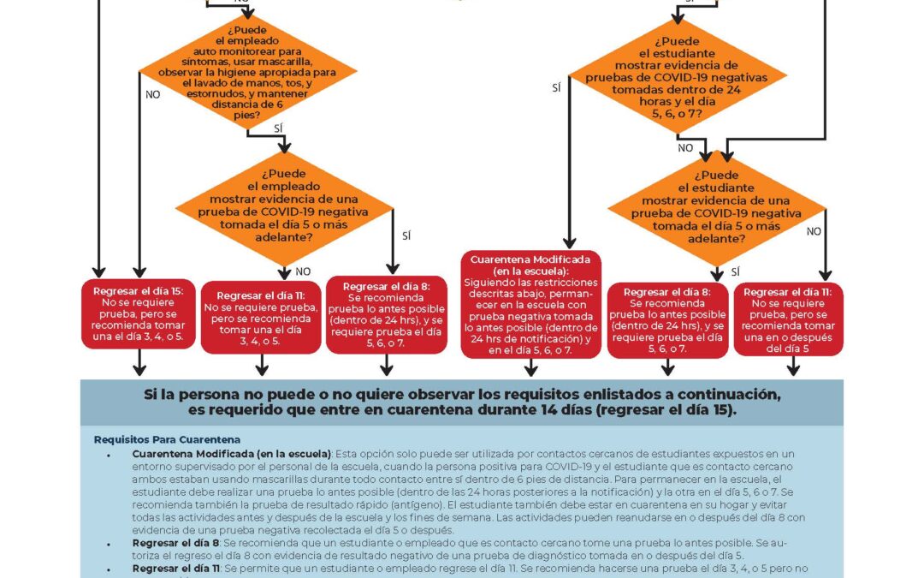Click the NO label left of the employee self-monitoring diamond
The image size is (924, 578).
(x=152, y=95)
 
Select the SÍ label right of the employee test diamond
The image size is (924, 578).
(x=406, y=235)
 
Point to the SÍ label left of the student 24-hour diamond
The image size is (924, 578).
(x=557, y=88)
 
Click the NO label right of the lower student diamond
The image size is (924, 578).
(x=814, y=231)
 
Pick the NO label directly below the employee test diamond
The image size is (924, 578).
(x=303, y=271)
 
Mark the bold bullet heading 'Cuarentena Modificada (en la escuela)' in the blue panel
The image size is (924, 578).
(x=232, y=452)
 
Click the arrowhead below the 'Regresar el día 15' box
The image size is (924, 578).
(x=138, y=370)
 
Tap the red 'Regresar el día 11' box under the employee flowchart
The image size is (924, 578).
(x=261, y=317)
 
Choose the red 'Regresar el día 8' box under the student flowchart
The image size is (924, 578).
(x=667, y=319)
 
